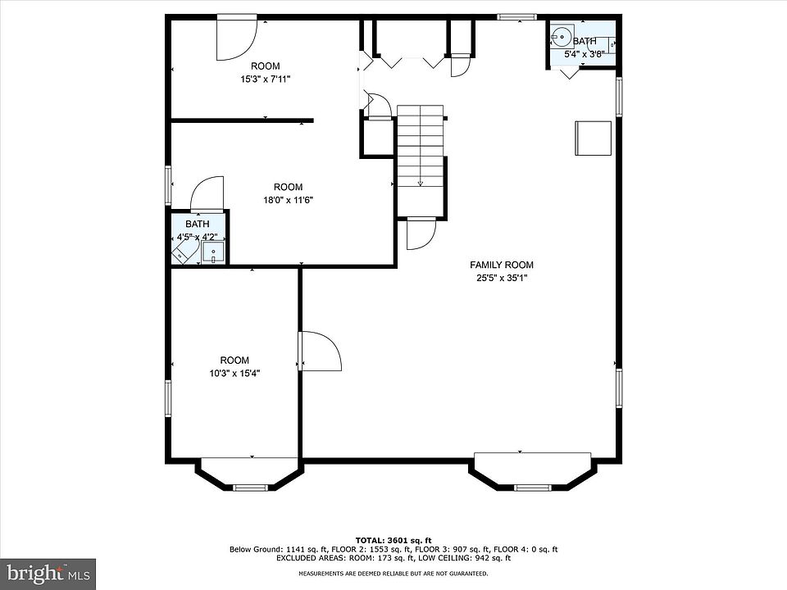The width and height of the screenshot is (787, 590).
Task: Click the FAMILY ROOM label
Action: tap(502, 265)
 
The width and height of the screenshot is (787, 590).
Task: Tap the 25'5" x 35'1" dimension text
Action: tap(502, 278)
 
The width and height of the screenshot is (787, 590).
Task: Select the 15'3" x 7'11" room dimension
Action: tap(266, 79)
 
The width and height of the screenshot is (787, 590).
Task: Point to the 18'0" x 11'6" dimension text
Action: tap(288, 200)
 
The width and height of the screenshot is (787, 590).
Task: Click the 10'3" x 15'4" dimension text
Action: tap(234, 374)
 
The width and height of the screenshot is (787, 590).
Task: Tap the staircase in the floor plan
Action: tap(420, 146)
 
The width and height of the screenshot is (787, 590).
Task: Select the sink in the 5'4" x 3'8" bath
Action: tap(560, 36)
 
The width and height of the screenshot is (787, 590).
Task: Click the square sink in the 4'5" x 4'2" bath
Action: tap(213, 252)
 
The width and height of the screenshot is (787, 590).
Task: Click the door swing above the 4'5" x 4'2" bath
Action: tap(207, 193)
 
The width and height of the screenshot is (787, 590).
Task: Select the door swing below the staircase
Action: tap(421, 234)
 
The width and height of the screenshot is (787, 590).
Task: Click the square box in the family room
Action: tap(594, 138)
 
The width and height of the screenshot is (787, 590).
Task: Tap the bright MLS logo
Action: tap(48, 574)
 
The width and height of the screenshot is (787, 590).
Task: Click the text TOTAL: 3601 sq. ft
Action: tap(393, 540)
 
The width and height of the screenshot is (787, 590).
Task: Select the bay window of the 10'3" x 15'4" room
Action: tap(249, 473)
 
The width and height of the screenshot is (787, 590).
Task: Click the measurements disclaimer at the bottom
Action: tap(393, 574)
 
